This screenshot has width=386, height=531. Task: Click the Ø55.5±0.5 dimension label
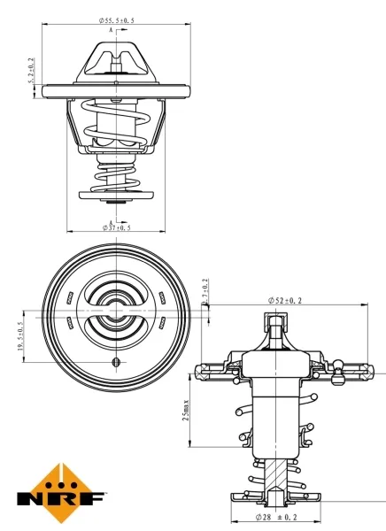117,20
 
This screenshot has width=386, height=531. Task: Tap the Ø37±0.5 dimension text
117,227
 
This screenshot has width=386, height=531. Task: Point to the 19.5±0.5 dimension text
19,337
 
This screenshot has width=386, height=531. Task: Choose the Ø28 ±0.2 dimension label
275,516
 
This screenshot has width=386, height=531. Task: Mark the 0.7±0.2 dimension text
205,293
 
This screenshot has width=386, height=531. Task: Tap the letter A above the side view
112,30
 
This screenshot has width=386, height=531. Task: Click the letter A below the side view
112,221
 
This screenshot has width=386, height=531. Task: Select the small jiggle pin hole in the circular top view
115,364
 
